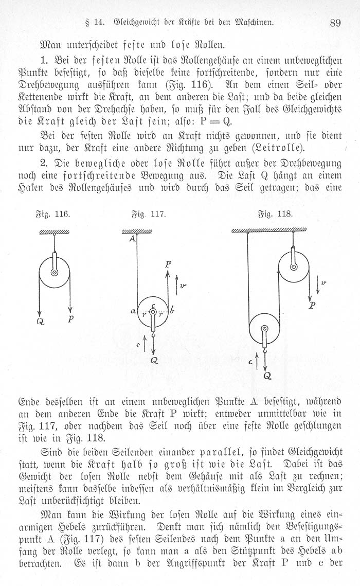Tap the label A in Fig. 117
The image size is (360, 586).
132,238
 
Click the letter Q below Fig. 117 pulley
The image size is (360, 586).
153,361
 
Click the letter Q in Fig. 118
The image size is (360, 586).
267,376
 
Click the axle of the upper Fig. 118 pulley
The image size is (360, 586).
293,267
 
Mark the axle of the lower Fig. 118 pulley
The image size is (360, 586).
264,329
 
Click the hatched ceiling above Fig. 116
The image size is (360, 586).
54,233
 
